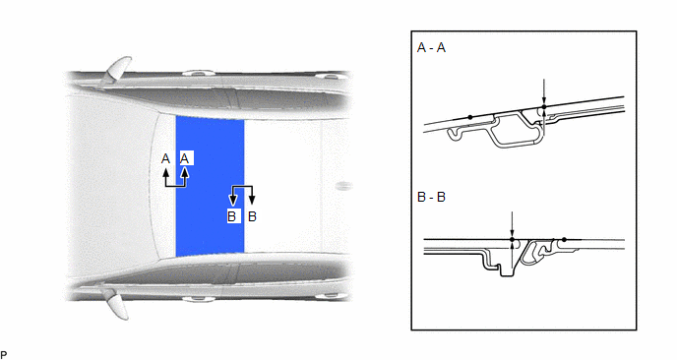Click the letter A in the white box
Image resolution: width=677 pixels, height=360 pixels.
point(185,158)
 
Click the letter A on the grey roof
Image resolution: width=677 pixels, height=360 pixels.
point(165,158)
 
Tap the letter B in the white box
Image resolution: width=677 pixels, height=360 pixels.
point(232,216)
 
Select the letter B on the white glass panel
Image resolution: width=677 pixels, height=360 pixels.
point(253,216)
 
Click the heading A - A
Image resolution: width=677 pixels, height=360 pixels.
point(431,47)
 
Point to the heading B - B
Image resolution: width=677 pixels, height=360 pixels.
point(431,197)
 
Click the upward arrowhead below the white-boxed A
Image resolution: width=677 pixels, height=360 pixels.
point(185,173)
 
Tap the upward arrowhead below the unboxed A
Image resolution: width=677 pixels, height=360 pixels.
point(165,173)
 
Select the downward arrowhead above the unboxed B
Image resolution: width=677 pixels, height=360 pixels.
point(252,200)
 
